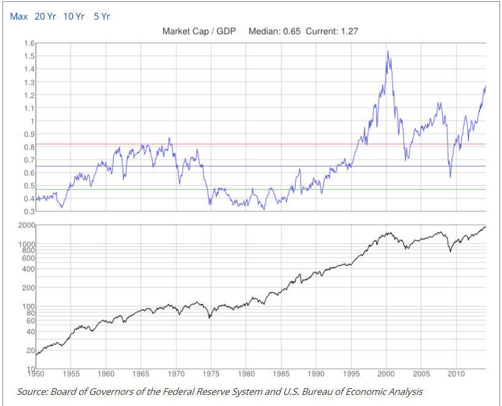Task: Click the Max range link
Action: click(18, 17)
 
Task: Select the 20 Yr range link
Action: click(45, 17)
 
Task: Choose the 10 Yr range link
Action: click(74, 17)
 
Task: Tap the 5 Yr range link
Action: click(101, 17)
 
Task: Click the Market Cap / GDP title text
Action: click(199, 31)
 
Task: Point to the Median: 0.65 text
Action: click(274, 31)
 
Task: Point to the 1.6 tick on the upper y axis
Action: click(28, 43)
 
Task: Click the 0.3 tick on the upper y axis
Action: click(28, 211)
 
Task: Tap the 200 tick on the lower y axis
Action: click(28, 287)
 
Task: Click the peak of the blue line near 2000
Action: click(387, 52)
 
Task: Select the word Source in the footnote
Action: click(31, 391)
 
